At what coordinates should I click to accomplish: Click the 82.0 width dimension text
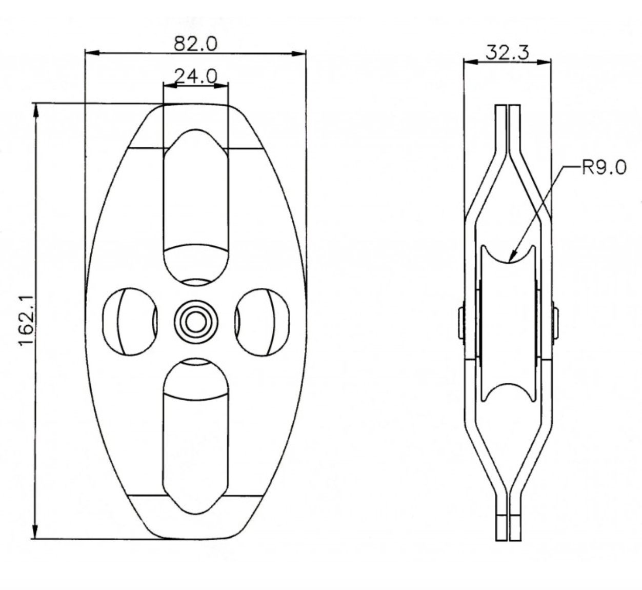[195, 44]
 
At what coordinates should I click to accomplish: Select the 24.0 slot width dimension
[195, 76]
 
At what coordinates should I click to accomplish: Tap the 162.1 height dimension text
[27, 321]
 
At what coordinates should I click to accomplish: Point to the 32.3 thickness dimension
[507, 52]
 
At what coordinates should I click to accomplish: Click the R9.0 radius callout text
[604, 168]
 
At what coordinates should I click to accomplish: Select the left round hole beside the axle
[129, 322]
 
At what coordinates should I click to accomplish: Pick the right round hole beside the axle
[262, 322]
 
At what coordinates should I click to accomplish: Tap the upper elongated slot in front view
[195, 205]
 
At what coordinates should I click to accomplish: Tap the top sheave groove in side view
[508, 254]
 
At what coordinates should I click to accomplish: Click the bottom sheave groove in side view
[508, 392]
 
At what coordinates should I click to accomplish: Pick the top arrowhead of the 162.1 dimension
[35, 109]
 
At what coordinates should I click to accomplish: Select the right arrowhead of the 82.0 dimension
[300, 53]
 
